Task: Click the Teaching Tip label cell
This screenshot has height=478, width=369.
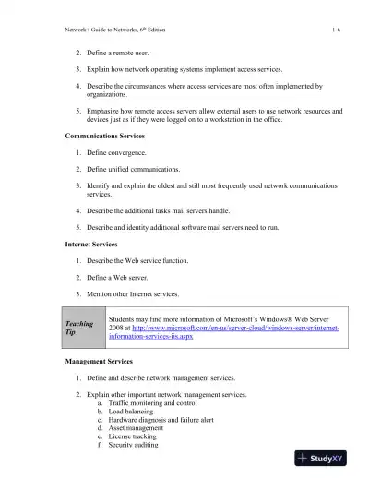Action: (x=79, y=329)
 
